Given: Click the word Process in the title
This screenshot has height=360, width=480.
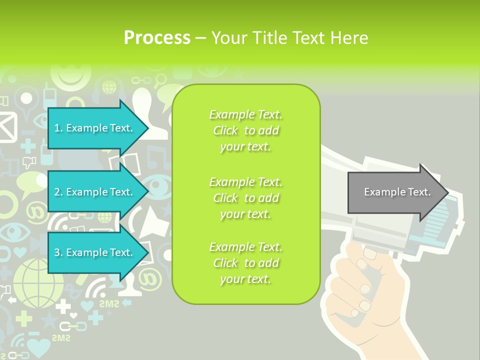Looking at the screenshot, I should (x=157, y=38).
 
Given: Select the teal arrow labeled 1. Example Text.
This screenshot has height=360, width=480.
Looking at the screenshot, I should (x=95, y=128).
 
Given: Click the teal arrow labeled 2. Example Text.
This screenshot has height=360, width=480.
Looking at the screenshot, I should (x=95, y=192).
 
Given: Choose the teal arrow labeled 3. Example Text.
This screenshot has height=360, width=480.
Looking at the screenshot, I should (x=95, y=252).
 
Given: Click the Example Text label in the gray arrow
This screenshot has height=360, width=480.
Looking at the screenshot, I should (x=397, y=192).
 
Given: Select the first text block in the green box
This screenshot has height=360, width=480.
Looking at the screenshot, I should (x=245, y=130).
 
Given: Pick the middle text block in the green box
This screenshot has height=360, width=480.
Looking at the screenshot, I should (x=245, y=197).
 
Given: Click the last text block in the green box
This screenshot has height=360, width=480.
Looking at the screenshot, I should (x=245, y=263).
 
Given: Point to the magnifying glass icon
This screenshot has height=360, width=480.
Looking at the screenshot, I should (x=160, y=79).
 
